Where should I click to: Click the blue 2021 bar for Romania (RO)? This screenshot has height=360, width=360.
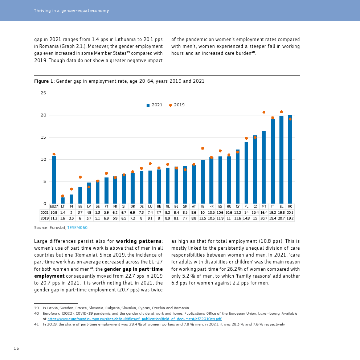click(290, 160)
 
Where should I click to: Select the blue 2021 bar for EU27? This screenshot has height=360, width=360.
click(54, 180)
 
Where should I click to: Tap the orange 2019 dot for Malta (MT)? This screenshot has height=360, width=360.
click(264, 112)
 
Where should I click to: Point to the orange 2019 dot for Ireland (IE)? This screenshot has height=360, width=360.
click(202, 148)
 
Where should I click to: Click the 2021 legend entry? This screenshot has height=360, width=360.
click(155, 105)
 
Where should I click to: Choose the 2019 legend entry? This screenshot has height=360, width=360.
click(177, 105)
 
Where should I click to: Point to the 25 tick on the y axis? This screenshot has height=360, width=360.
click(43, 93)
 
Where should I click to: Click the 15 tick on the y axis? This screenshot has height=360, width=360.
click(43, 138)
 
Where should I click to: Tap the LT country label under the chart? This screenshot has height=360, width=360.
click(63, 206)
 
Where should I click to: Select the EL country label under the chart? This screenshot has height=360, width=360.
click(281, 206)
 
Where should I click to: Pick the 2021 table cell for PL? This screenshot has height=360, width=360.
click(246, 213)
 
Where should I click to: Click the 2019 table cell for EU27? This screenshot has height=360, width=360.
click(54, 219)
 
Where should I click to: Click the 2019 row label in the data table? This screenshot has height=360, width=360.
click(44, 219)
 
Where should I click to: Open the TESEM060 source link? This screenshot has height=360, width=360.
click(77, 228)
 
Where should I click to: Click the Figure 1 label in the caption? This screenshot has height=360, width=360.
click(44, 81)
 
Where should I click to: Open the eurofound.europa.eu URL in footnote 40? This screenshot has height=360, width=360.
click(134, 319)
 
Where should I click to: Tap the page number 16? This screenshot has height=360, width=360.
click(16, 349)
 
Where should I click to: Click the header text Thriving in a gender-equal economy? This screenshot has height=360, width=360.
click(71, 11)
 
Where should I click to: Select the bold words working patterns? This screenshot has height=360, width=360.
click(139, 241)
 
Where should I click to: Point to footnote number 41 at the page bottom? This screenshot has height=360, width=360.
click(36, 324)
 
